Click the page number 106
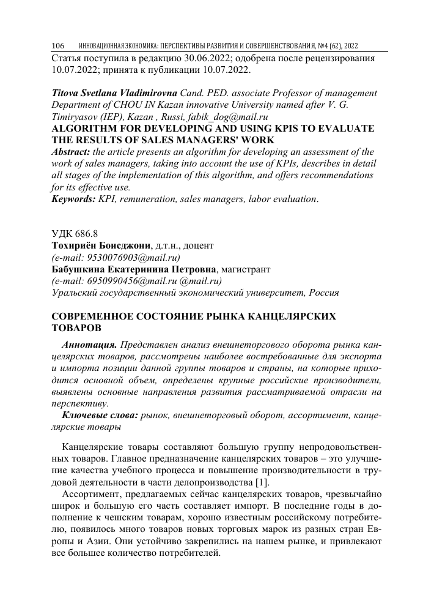pos(58,47)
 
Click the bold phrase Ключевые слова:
pos(99,416)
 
